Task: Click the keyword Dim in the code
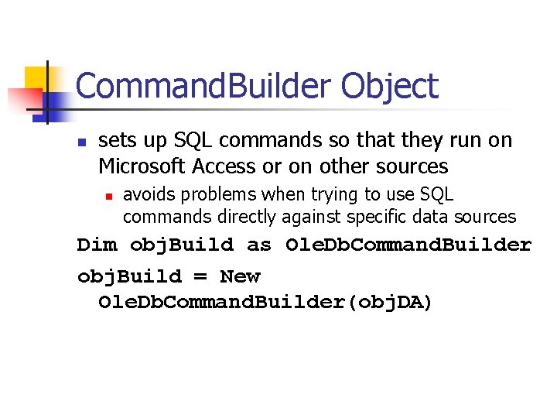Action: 97,245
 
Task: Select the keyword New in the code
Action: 241,277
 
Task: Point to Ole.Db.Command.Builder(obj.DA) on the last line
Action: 265,302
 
